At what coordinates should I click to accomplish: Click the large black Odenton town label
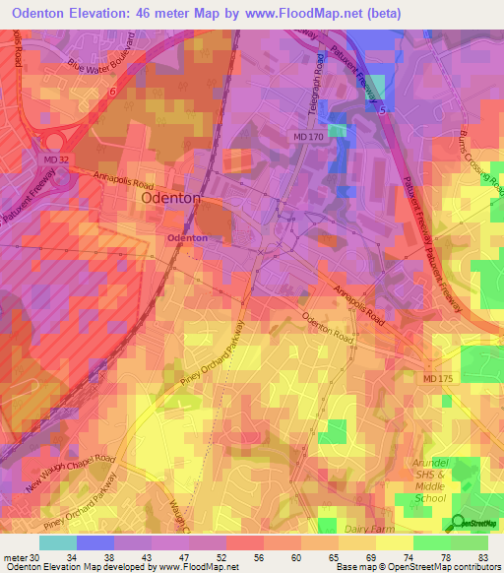coord(171,198)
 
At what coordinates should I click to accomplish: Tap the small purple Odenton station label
coord(187,238)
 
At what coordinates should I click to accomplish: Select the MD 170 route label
coord(306,135)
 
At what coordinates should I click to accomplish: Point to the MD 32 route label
coord(57,158)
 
